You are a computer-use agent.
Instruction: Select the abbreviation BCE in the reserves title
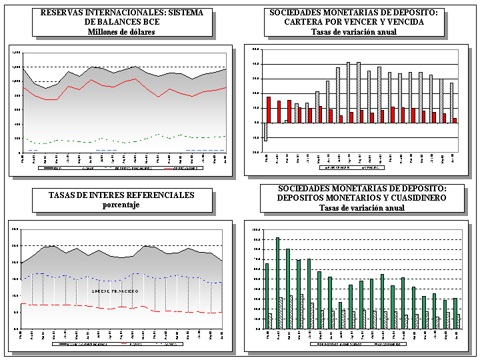(147, 22)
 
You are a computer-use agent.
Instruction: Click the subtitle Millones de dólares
(121, 31)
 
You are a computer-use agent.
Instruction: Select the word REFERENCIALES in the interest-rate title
(149, 195)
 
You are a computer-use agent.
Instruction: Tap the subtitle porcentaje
(121, 205)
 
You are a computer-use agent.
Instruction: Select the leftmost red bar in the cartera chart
(269, 109)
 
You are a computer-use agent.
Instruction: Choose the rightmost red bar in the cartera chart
(455, 120)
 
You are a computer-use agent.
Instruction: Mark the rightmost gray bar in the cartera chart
(451, 103)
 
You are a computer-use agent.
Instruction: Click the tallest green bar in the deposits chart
(277, 283)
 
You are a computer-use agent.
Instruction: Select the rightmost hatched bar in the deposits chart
(458, 321)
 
